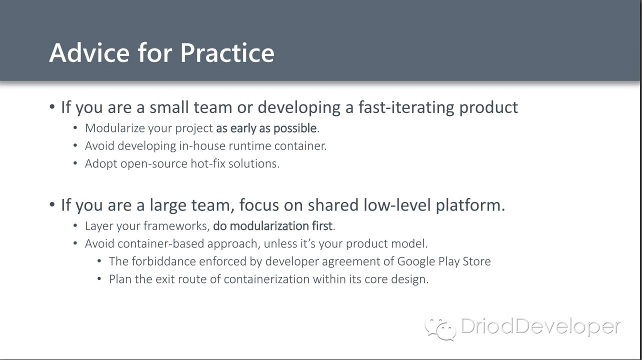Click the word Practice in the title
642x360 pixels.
[x=227, y=52]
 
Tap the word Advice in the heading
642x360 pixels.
[x=89, y=52]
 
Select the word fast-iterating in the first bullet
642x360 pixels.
[x=406, y=108]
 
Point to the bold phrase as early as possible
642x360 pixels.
[x=266, y=128]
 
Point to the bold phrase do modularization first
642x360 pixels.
[x=273, y=226]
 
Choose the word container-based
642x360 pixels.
[x=161, y=244]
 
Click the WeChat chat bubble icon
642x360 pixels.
[x=440, y=329]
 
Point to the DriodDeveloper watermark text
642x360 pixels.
[x=540, y=327]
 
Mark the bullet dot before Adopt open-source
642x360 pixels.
[x=75, y=163]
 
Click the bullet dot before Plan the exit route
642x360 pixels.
[x=99, y=278]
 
